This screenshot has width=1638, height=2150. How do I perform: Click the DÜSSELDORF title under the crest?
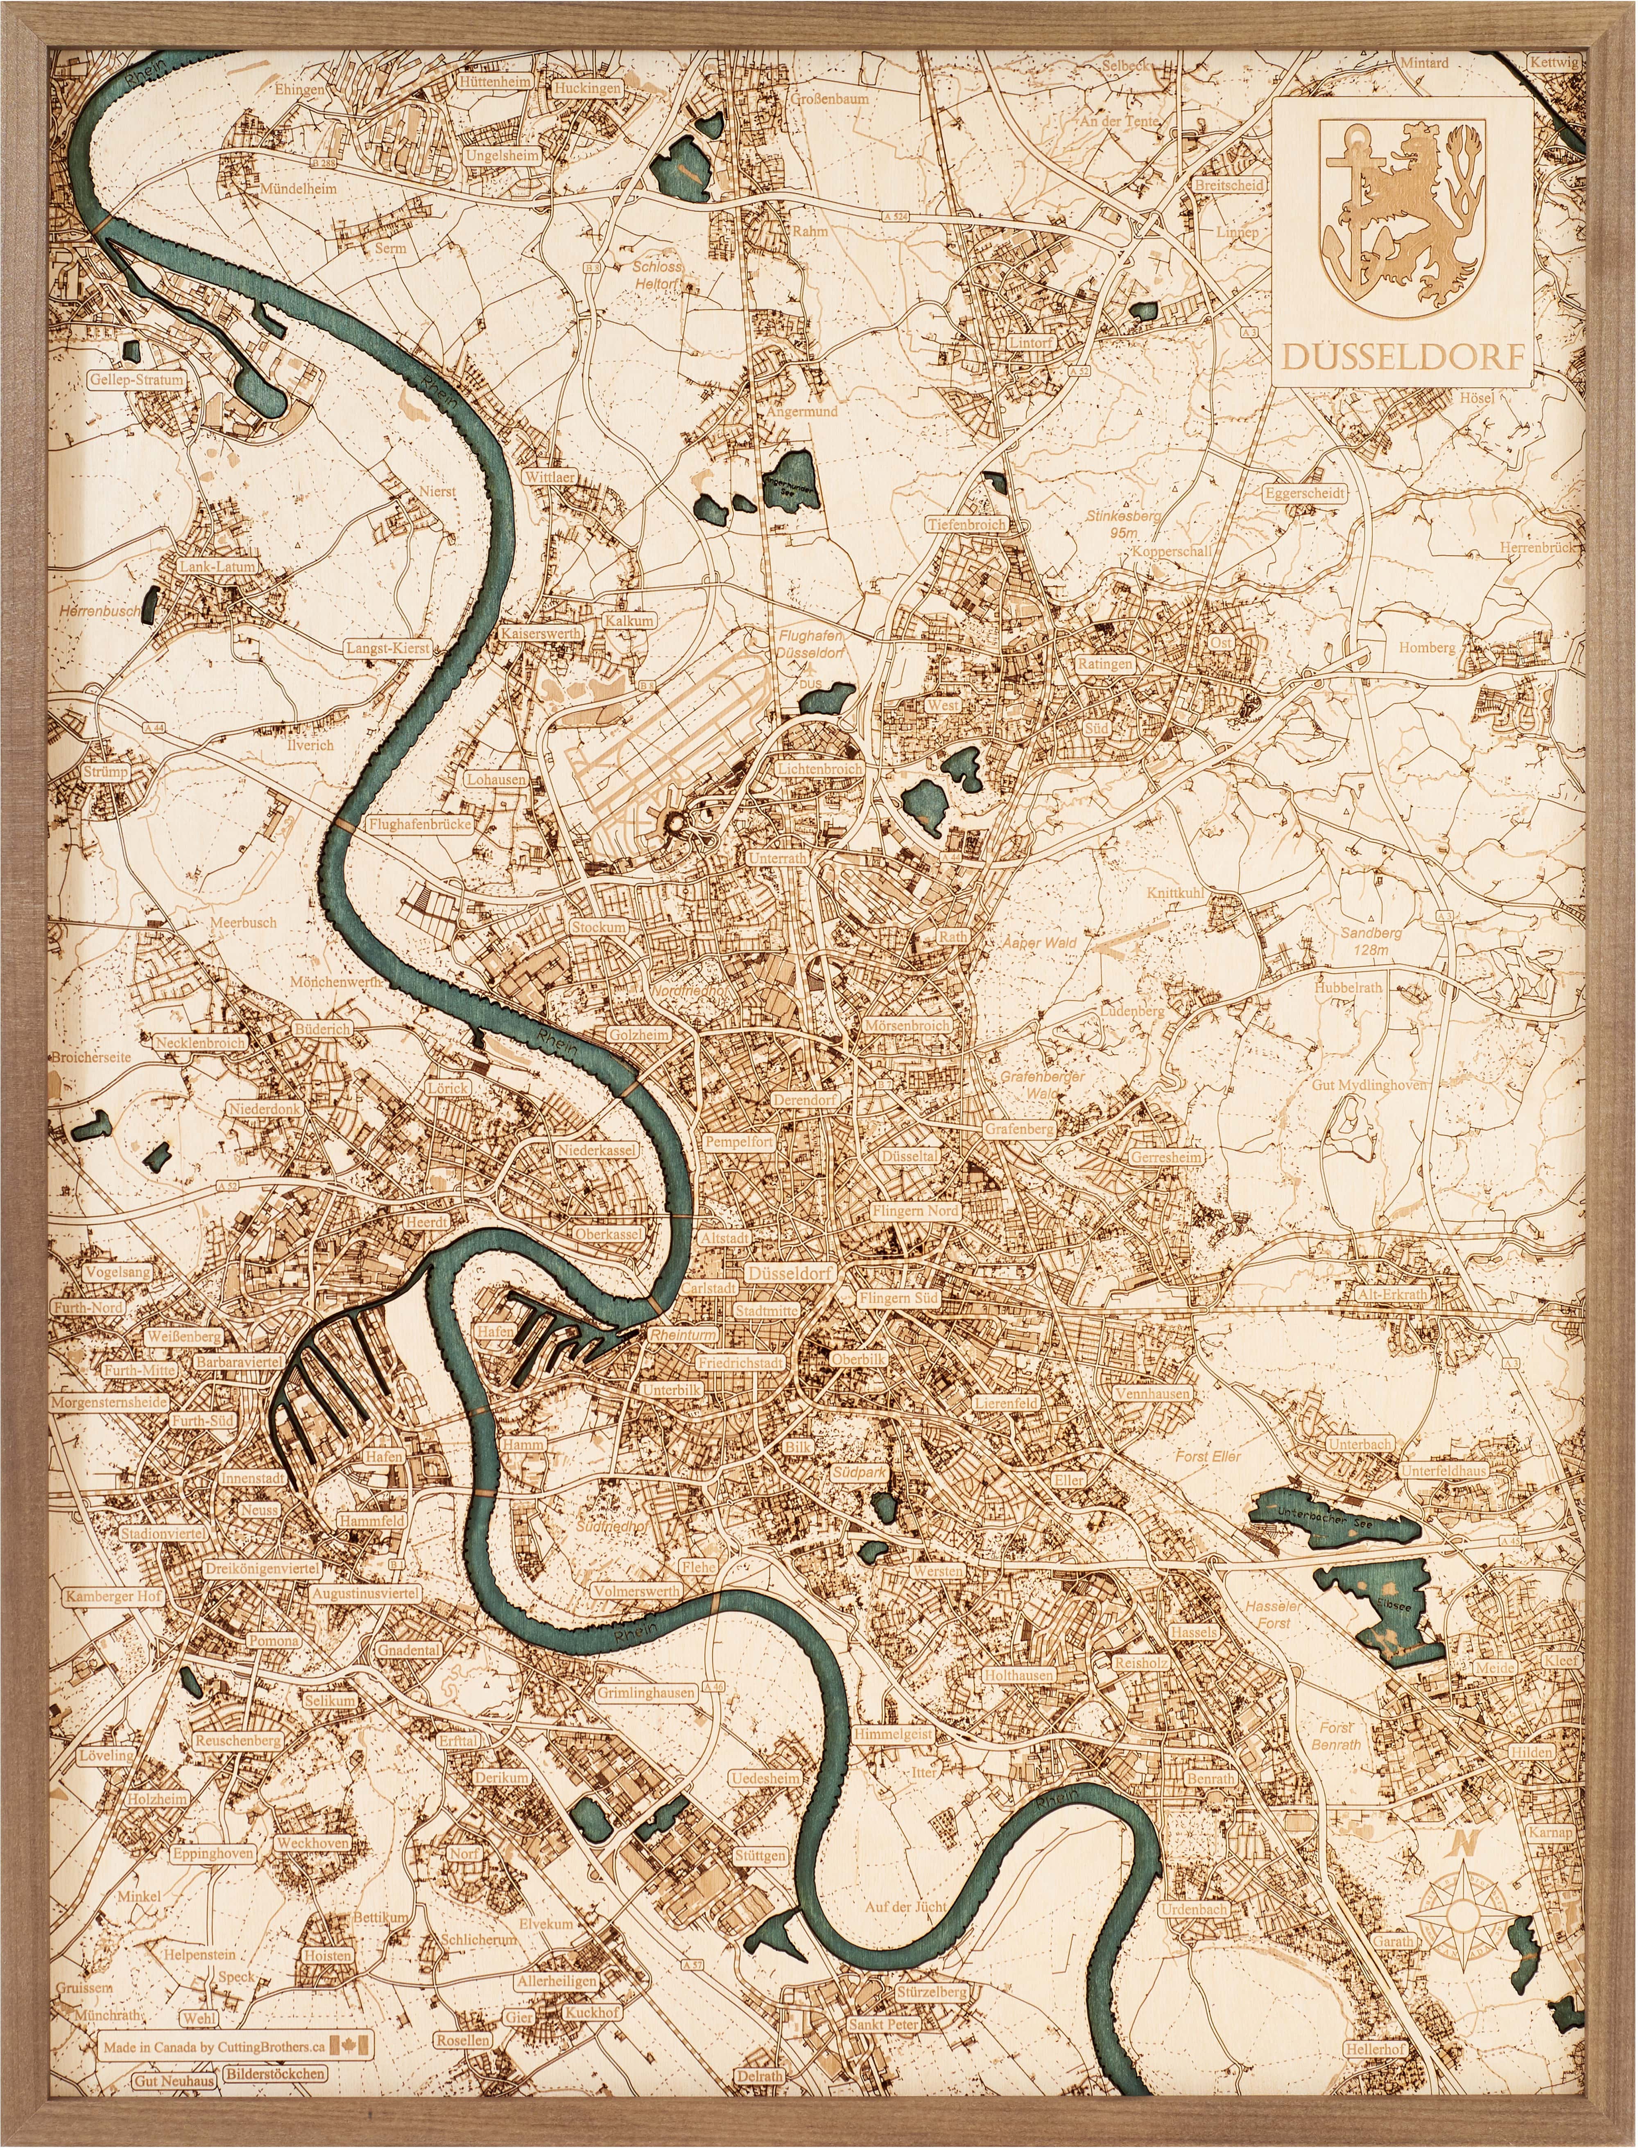tap(1401, 358)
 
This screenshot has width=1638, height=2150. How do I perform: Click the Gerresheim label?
tap(1166, 1157)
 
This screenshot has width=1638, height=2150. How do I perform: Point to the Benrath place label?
tap(1210, 1778)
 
